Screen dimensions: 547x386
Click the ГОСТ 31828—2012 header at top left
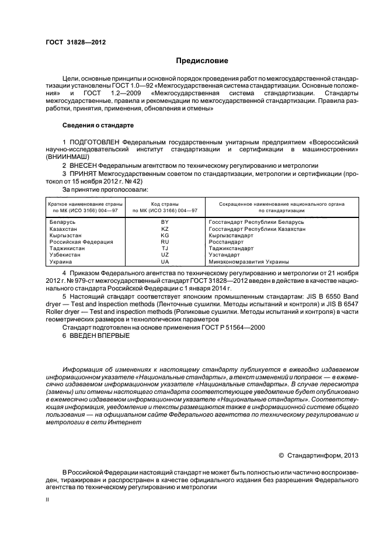point(75,42)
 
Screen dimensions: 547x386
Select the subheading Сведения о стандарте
point(98,126)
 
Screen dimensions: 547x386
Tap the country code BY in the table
point(165,223)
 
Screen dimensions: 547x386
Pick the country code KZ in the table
point(165,229)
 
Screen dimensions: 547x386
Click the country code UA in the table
point(165,262)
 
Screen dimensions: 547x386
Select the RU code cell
point(165,242)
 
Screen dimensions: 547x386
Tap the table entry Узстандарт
point(225,255)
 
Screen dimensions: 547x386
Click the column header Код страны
point(165,203)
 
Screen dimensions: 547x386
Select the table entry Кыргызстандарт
point(230,236)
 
